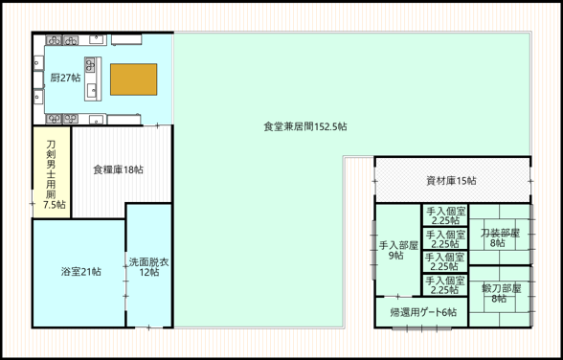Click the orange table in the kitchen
click(x=134, y=79)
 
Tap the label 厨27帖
click(x=65, y=78)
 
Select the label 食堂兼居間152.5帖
click(x=305, y=126)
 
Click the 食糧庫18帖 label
click(x=118, y=169)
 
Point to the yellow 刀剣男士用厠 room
click(x=52, y=172)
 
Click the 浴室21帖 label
click(x=80, y=272)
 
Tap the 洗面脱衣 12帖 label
click(x=149, y=267)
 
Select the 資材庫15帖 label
click(x=451, y=181)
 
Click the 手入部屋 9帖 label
click(x=398, y=250)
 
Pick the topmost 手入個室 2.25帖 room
click(x=445, y=215)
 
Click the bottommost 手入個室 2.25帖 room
click(x=445, y=285)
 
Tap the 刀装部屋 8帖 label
click(x=500, y=238)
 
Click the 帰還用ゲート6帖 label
click(x=423, y=312)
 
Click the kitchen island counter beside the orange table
click(x=93, y=79)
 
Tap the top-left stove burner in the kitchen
click(x=54, y=40)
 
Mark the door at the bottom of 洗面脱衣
click(x=148, y=327)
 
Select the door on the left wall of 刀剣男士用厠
click(x=33, y=204)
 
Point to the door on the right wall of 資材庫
click(x=530, y=181)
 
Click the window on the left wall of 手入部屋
click(x=373, y=250)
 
